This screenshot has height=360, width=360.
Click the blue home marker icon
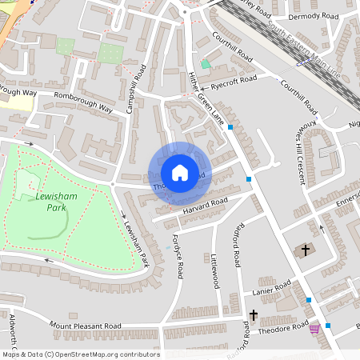click(x=179, y=173)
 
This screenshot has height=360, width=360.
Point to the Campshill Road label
click(x=137, y=88)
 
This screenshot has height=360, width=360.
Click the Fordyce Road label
click(x=178, y=255)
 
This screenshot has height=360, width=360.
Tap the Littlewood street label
click(x=214, y=272)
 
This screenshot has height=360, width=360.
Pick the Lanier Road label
click(x=270, y=289)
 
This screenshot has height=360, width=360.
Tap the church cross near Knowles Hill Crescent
click(x=304, y=250)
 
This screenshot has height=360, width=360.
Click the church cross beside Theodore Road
click(x=254, y=315)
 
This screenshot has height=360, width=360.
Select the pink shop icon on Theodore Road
click(x=314, y=328)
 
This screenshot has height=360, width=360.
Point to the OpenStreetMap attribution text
click(x=80, y=354)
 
